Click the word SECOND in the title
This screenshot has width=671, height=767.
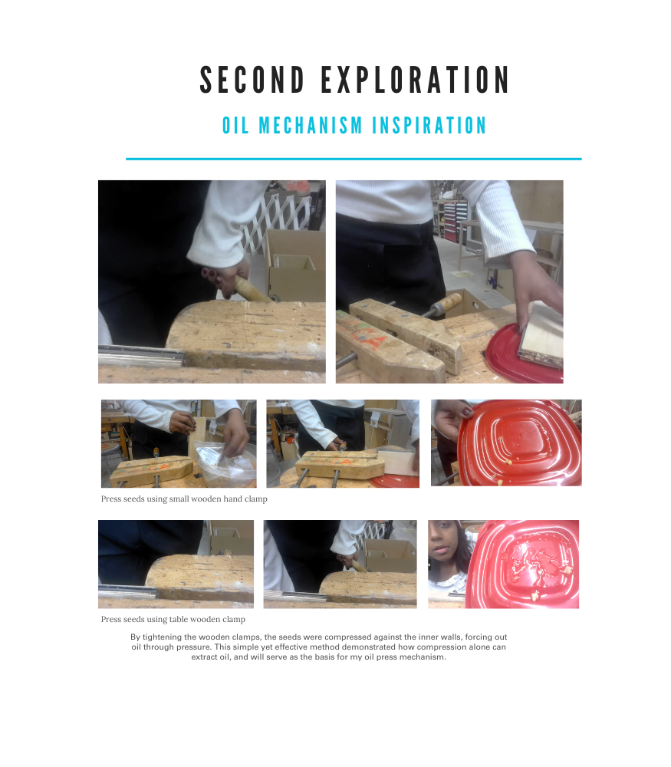[x=252, y=80]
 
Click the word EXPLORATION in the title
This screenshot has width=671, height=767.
[x=415, y=80]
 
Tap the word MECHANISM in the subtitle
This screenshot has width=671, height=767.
[x=310, y=126]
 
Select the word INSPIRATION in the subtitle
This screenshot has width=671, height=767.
[x=429, y=126]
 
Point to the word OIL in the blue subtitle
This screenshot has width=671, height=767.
[x=235, y=126]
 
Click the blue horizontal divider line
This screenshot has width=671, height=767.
[x=354, y=159]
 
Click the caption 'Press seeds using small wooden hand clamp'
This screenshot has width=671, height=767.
[x=184, y=499]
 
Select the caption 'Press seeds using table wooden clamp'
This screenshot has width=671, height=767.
[x=173, y=619]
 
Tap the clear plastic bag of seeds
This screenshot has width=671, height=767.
[x=225, y=463]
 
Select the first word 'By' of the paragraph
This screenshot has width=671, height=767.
[x=135, y=637]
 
